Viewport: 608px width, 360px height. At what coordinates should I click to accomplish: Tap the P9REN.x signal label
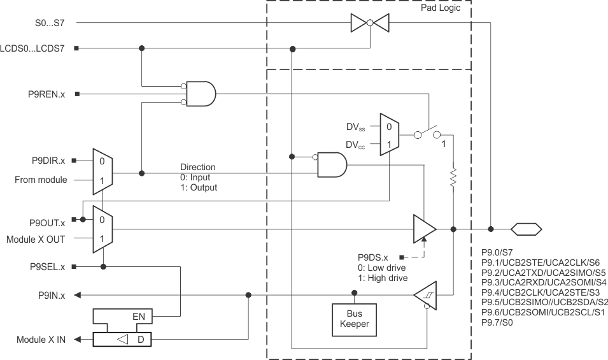pos(46,94)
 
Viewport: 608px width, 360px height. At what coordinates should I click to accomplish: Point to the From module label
pos(41,180)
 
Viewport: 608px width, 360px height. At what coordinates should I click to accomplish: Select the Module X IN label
pos(41,340)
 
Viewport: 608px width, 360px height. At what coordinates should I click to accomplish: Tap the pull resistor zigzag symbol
pos(453,179)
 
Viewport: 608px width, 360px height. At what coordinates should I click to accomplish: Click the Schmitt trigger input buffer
pos(424,295)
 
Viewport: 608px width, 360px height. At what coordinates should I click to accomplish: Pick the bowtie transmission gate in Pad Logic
pos(370,24)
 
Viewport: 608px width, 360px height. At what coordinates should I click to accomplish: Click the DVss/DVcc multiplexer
pos(389,135)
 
